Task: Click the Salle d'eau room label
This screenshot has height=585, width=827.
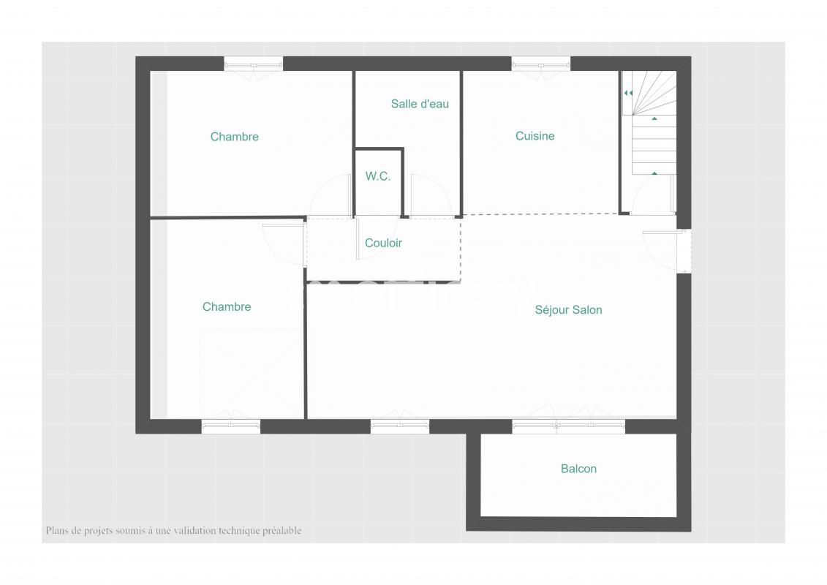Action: [420, 104]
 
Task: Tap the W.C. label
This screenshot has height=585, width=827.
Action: [378, 176]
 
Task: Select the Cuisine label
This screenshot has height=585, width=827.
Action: [535, 136]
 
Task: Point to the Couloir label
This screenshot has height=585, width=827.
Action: [383, 244]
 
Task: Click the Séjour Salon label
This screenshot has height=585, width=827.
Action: [569, 310]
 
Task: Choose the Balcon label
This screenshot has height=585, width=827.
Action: [578, 469]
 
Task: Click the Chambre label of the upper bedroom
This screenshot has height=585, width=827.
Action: [235, 137]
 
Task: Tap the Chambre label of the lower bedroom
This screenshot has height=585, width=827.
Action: [227, 307]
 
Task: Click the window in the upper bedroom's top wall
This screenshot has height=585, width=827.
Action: [253, 64]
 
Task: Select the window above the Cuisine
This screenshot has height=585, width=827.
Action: [540, 64]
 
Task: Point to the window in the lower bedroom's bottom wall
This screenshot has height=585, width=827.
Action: [231, 426]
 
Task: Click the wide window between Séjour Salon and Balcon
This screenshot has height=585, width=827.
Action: [569, 426]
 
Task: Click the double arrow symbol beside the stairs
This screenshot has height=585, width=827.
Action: [628, 93]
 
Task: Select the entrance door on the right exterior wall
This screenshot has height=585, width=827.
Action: [684, 251]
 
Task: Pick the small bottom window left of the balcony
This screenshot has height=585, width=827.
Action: [400, 426]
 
